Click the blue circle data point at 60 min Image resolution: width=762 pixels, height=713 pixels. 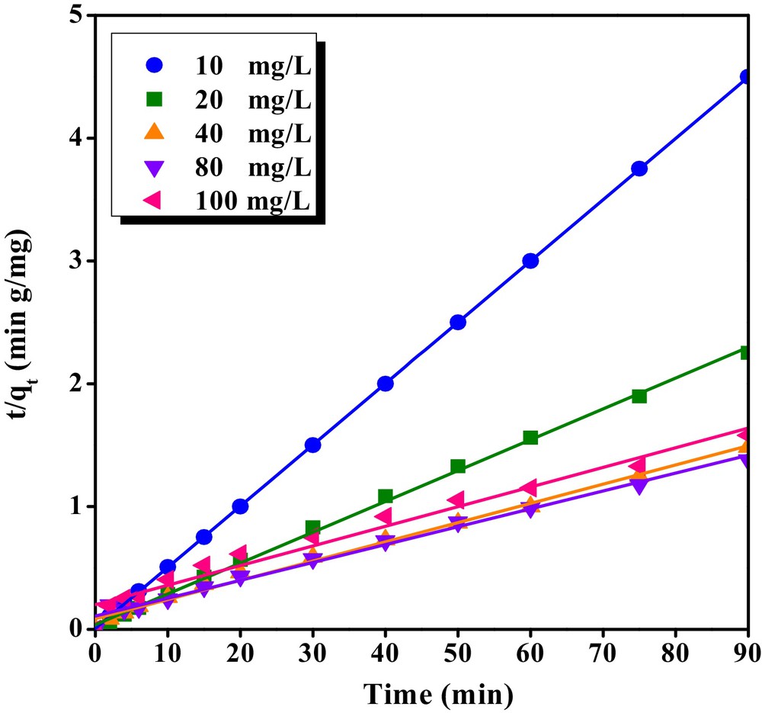click(530, 261)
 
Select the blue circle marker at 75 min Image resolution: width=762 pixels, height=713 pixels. click(639, 169)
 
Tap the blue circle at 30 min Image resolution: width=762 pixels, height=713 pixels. click(312, 445)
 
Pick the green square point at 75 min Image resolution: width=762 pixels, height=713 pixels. click(639, 396)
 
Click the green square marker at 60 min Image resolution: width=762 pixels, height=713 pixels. click(530, 438)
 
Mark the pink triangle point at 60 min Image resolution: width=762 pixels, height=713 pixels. click(529, 487)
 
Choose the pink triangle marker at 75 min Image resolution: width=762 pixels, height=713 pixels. click(638, 465)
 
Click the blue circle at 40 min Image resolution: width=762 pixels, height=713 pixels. click(385, 384)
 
